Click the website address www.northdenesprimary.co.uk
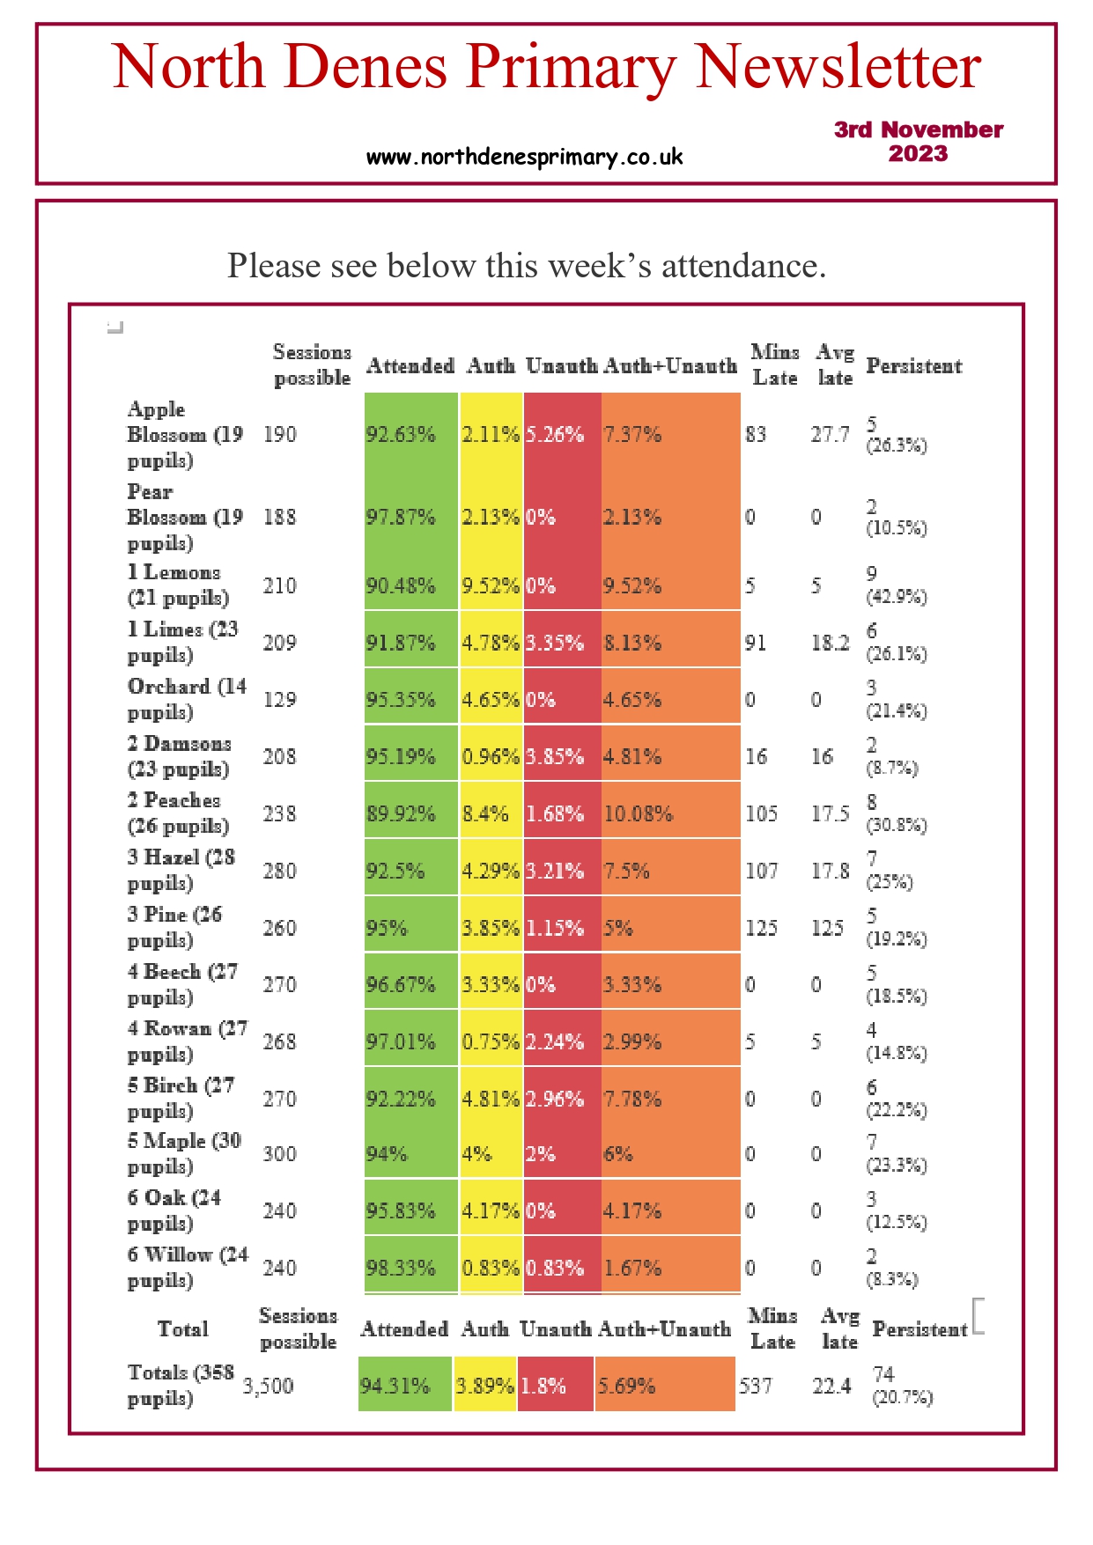(524, 158)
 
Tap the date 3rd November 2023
(918, 142)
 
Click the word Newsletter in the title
(838, 67)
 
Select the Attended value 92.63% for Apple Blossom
(401, 435)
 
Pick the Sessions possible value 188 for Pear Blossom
(279, 518)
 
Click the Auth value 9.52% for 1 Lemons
(490, 586)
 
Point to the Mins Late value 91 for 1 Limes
(756, 644)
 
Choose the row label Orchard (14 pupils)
(186, 699)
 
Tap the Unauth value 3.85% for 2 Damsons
(555, 757)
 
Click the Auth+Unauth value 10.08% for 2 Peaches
(638, 814)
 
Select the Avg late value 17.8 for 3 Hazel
(830, 872)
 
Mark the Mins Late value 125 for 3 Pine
(761, 929)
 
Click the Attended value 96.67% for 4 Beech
(401, 985)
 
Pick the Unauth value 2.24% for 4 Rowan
(555, 1042)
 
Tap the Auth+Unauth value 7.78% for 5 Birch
(631, 1100)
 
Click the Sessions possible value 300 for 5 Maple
(279, 1154)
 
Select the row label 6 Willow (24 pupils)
(187, 1268)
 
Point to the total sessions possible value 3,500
(268, 1387)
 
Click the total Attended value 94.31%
(395, 1387)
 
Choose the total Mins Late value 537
(755, 1387)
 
